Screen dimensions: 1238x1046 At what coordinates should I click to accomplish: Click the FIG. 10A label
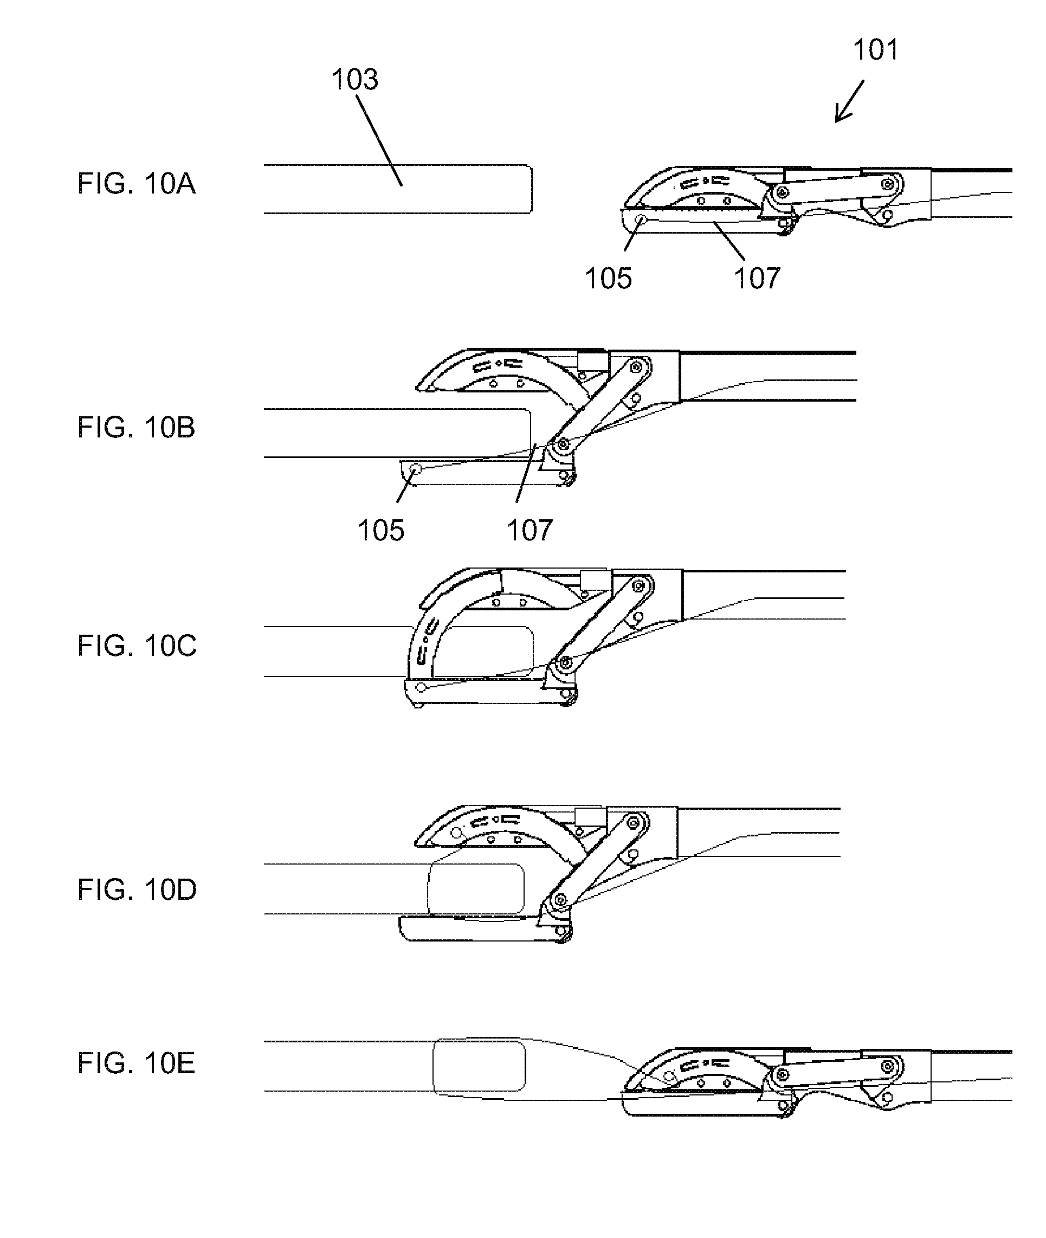(x=136, y=183)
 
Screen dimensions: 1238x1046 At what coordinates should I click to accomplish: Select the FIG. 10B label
(x=136, y=427)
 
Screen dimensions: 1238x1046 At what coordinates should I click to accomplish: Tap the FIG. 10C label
(x=137, y=645)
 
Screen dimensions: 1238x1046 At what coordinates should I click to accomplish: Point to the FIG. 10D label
(x=137, y=889)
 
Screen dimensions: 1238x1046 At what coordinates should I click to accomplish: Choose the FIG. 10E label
(x=136, y=1063)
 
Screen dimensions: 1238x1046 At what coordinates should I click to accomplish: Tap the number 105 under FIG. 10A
(x=609, y=278)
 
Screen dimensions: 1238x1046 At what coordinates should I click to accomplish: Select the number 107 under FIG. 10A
(x=757, y=278)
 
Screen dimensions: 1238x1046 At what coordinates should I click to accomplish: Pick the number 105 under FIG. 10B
(x=380, y=530)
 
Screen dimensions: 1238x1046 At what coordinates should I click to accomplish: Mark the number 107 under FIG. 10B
(x=530, y=530)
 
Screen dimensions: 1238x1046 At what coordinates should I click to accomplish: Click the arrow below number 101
(x=849, y=102)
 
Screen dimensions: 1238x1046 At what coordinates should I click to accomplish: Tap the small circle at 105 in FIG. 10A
(x=641, y=220)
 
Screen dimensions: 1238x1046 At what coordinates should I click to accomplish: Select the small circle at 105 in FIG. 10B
(x=416, y=469)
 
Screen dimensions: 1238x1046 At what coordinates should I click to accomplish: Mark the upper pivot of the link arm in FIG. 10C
(x=639, y=586)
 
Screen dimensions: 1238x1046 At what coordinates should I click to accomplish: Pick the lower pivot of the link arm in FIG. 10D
(x=559, y=901)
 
